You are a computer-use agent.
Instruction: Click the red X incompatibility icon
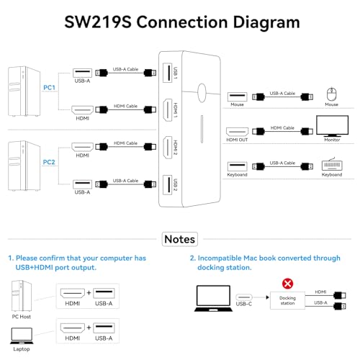click(287, 284)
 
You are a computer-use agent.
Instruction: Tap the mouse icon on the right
click(331, 94)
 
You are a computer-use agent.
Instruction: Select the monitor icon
click(332, 126)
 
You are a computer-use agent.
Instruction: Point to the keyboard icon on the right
click(332, 165)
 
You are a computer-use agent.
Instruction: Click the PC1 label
click(49, 88)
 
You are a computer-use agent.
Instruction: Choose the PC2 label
click(49, 162)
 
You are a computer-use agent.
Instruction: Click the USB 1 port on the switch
click(168, 73)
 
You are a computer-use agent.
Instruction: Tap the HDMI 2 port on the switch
click(168, 147)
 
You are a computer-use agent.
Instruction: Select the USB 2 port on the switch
click(168, 184)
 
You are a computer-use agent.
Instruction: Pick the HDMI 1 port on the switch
click(168, 110)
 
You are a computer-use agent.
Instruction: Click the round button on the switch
click(202, 93)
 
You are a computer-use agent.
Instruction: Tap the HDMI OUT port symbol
click(237, 132)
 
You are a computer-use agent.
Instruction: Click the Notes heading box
click(180, 239)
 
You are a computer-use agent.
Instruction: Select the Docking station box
click(287, 300)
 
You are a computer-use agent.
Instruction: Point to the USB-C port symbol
click(244, 297)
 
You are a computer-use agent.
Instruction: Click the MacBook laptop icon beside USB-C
click(213, 298)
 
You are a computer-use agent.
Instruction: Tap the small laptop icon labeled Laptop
click(22, 336)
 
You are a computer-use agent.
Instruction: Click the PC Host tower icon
click(22, 296)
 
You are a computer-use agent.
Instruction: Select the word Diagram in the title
click(266, 22)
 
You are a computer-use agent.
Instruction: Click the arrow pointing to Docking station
click(261, 297)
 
